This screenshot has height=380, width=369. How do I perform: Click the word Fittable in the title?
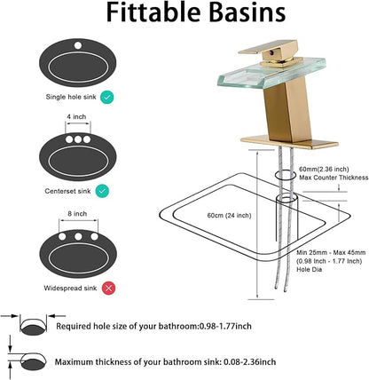tap(153, 12)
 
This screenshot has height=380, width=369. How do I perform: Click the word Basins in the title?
tap(245, 12)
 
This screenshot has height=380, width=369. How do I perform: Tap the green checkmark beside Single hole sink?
tap(106, 97)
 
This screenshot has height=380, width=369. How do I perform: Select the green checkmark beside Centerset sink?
tap(102, 191)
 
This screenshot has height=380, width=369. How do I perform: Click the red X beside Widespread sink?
tap(108, 288)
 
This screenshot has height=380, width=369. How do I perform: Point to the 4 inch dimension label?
tap(76, 116)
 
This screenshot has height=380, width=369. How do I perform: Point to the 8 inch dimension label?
tap(77, 214)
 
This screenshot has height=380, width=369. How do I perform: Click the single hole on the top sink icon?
tap(78, 45)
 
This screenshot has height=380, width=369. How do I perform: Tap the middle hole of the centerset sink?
tap(78, 139)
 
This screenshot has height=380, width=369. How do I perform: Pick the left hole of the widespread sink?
tap(62, 236)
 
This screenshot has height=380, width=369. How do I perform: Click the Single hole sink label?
tap(71, 97)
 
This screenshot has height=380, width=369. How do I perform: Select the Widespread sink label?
tap(70, 288)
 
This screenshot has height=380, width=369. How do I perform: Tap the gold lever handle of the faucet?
tap(268, 50)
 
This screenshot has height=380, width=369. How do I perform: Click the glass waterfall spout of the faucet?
tap(271, 73)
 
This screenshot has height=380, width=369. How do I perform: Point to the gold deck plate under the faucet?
tap(289, 142)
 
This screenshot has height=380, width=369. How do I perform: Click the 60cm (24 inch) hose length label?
tap(229, 216)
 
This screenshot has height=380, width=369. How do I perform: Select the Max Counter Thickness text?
tap(334, 178)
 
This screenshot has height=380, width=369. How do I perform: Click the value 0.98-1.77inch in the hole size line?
tap(225, 327)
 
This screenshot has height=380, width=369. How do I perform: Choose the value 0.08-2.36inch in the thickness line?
tap(250, 362)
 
